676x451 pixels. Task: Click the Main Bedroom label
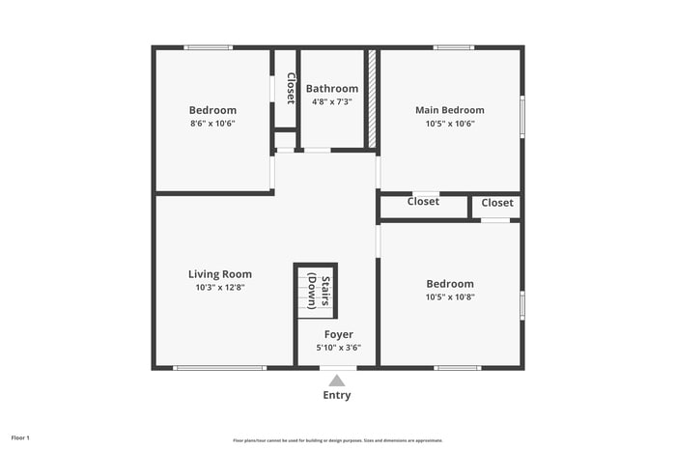[x=449, y=110]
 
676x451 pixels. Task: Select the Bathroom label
[x=331, y=89]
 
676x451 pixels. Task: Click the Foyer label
[x=338, y=334]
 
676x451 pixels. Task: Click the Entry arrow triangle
[x=337, y=381]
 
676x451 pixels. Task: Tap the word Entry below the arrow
[x=337, y=395]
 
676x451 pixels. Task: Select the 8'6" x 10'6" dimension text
[x=212, y=124]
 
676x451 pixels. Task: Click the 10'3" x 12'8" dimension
[x=219, y=287]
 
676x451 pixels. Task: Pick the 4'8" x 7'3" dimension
[x=331, y=101]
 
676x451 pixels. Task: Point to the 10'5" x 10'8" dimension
[x=450, y=296]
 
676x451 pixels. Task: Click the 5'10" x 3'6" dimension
[x=338, y=348]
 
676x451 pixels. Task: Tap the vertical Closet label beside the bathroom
[x=289, y=88]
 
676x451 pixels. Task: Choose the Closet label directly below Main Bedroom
[x=423, y=202]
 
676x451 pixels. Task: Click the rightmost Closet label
[x=497, y=203]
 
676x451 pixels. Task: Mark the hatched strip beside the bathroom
[x=371, y=99]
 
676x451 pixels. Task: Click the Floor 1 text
[x=21, y=438]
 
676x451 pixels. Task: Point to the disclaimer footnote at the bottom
[x=337, y=440]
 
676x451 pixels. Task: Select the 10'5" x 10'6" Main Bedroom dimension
[x=449, y=124]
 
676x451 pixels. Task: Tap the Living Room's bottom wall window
[x=219, y=368]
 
